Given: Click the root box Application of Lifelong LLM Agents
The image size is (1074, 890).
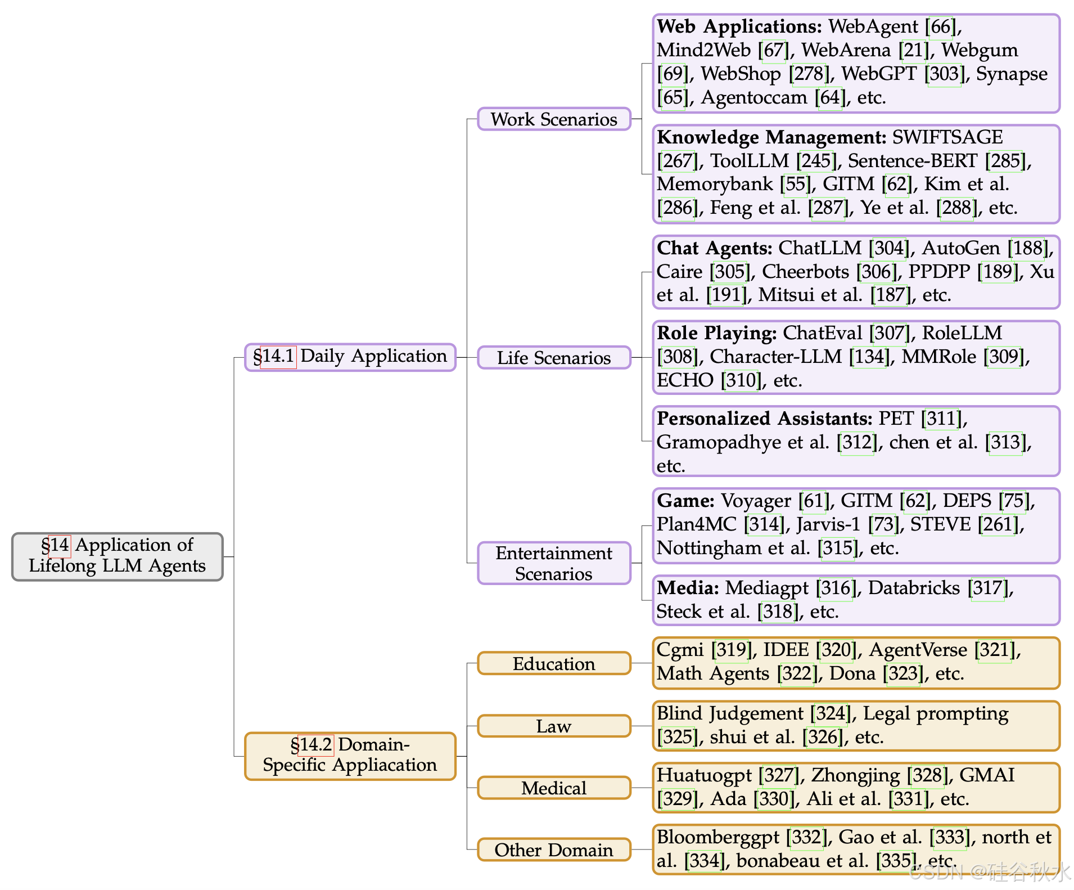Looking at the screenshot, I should click(117, 556).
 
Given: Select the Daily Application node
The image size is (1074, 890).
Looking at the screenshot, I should click(350, 357).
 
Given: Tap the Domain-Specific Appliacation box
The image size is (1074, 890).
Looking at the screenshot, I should click(350, 755).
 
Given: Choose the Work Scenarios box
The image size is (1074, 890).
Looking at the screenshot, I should click(554, 119).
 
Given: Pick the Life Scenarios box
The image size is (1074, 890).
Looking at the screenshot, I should click(554, 358).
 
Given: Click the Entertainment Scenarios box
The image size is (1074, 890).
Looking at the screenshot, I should click(554, 563).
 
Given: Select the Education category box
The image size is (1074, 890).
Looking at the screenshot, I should click(554, 664).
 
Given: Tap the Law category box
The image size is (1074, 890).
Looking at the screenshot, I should click(554, 726).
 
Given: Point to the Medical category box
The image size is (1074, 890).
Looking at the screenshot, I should click(554, 788).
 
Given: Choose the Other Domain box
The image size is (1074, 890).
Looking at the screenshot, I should click(554, 850).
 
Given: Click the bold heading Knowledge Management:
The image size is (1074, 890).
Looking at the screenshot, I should click(771, 138).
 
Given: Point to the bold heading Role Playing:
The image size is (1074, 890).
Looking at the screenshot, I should click(716, 334).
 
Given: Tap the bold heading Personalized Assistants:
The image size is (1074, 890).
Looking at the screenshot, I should click(764, 419).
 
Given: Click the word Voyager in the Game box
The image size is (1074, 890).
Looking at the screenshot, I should click(756, 501).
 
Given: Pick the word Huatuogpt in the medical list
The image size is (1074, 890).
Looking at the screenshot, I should click(704, 776).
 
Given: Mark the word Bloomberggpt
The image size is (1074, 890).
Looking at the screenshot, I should click(718, 838).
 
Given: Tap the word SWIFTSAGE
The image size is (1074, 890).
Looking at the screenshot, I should click(947, 138).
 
